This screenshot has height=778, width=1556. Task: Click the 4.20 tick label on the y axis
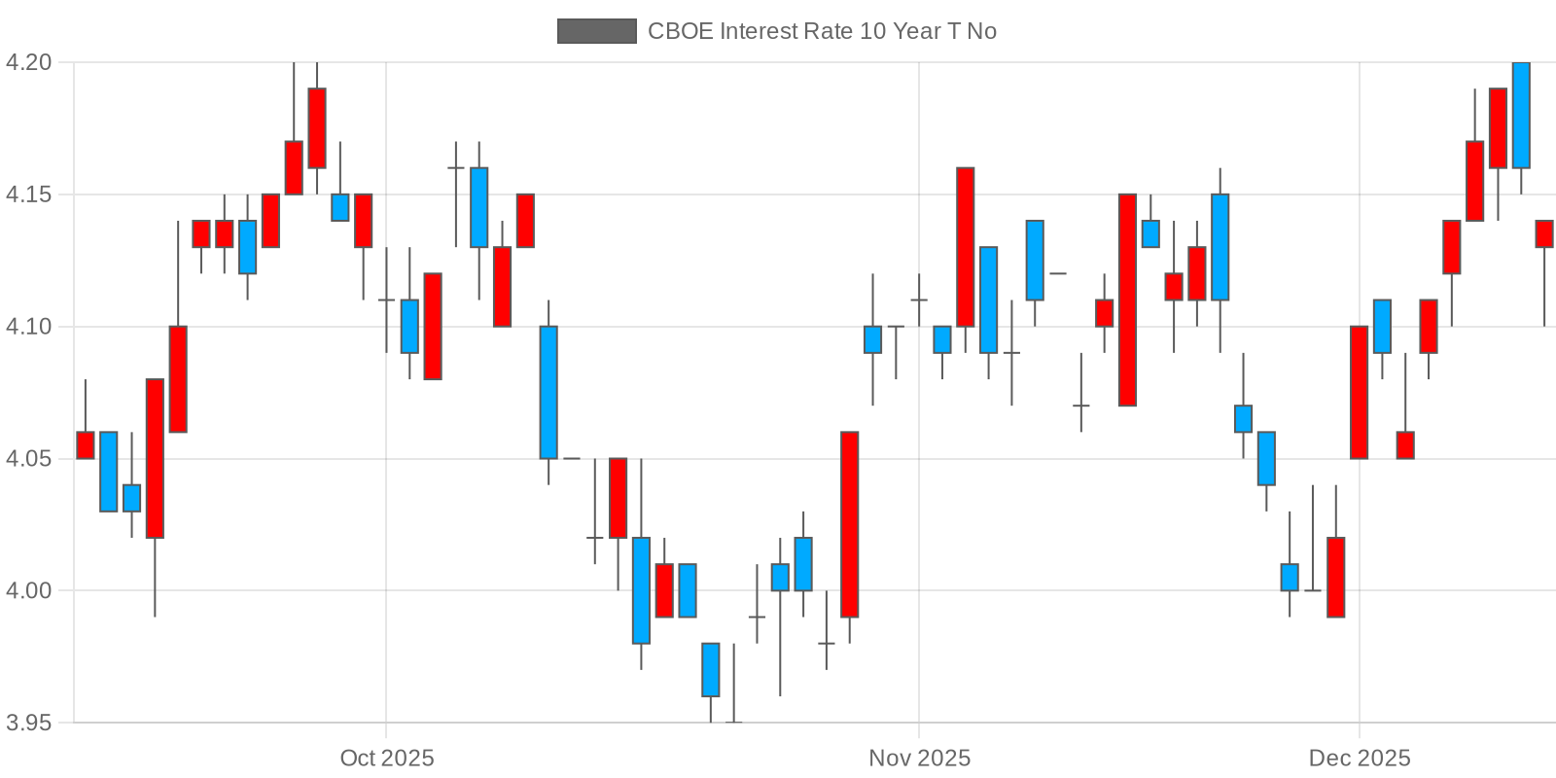[28, 62]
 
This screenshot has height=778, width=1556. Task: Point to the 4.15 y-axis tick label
[28, 194]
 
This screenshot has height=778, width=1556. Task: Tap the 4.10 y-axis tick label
[28, 327]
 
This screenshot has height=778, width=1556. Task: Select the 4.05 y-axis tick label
[28, 458]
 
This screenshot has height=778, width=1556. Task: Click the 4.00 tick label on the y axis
[28, 590]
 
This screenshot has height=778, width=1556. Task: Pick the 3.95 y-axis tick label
[28, 723]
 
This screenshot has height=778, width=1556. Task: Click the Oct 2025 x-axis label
[386, 758]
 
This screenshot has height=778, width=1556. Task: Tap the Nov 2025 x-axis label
[919, 758]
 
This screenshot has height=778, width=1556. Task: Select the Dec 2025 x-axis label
[1359, 758]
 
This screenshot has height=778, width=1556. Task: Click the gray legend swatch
[596, 31]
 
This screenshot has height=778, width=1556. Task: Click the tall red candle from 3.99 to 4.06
[849, 524]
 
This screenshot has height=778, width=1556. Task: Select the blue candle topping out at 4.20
[1521, 115]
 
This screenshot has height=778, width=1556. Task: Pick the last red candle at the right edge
[1544, 233]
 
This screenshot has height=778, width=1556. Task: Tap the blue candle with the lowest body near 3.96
[711, 670]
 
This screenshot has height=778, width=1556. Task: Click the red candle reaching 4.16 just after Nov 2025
[965, 247]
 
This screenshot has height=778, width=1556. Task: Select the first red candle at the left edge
[86, 444]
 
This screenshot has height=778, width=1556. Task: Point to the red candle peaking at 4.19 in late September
[317, 127]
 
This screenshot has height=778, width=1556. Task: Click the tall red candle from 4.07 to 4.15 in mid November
[1127, 300]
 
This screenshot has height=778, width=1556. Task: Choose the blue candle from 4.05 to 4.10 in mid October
[548, 392]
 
